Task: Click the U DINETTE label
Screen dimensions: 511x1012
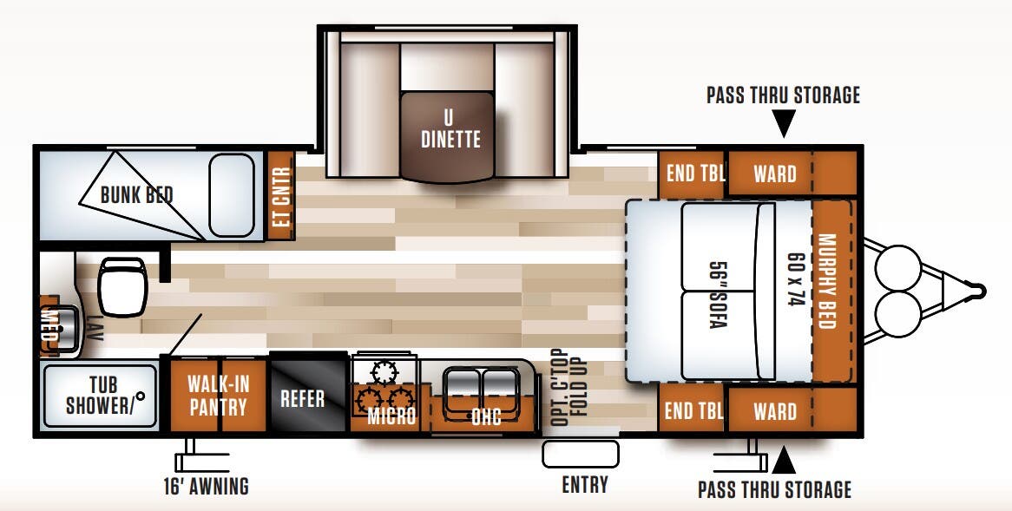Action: pyautogui.click(x=450, y=128)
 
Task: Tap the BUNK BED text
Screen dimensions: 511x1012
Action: pyautogui.click(x=136, y=194)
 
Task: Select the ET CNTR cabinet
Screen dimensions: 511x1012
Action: pyautogui.click(x=280, y=196)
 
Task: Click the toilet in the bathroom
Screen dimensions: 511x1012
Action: pyautogui.click(x=120, y=287)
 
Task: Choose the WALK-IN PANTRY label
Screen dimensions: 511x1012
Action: pyautogui.click(x=217, y=395)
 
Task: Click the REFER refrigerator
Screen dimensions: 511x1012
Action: pyautogui.click(x=302, y=398)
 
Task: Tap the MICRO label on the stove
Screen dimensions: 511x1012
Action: pyautogui.click(x=391, y=416)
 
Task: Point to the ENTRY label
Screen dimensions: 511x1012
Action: pyautogui.click(x=584, y=484)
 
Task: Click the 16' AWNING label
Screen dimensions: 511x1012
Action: pyautogui.click(x=207, y=486)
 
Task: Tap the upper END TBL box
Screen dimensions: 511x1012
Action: pyautogui.click(x=691, y=174)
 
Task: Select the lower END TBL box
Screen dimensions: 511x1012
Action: pyautogui.click(x=692, y=410)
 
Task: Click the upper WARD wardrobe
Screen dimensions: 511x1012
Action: pyautogui.click(x=774, y=174)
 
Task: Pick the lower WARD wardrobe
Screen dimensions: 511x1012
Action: pyautogui.click(x=774, y=410)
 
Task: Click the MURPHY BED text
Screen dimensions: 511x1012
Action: pyautogui.click(x=831, y=282)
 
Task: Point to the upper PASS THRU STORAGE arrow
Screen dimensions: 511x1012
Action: pyautogui.click(x=784, y=127)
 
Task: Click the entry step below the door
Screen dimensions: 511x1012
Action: pyautogui.click(x=580, y=454)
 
